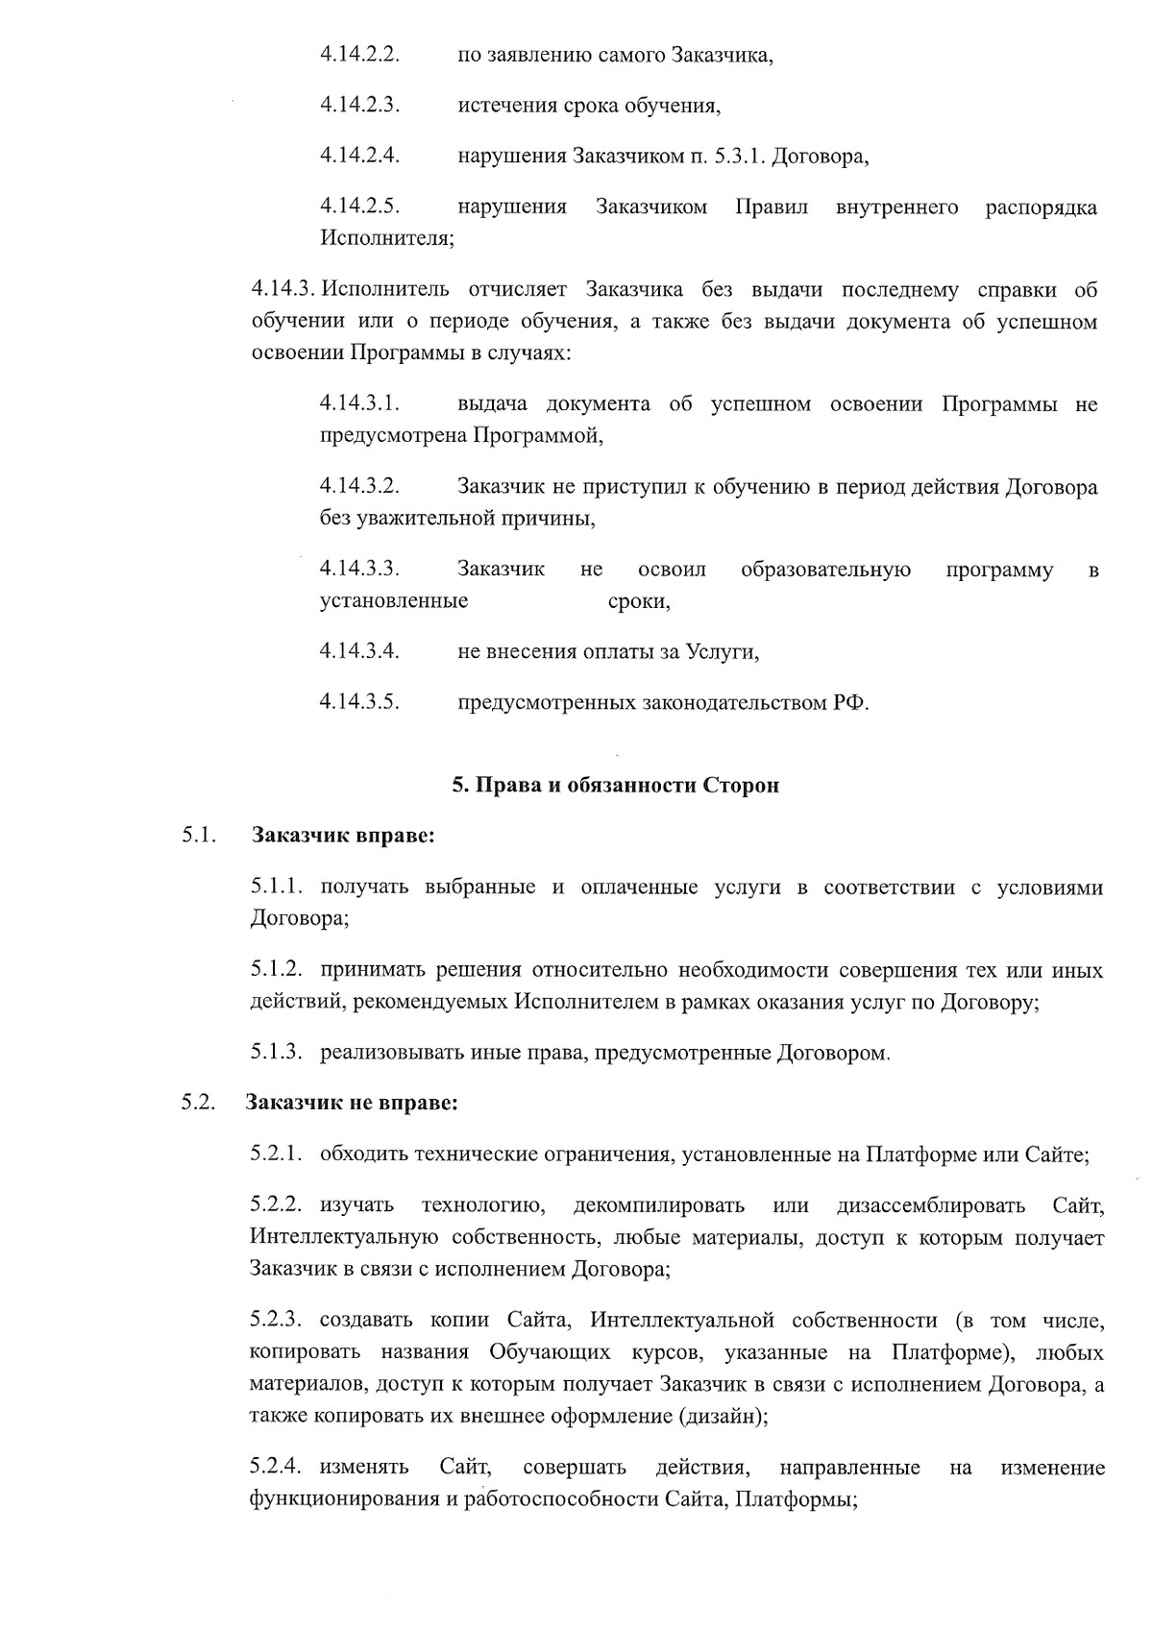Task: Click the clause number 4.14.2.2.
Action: coord(359,54)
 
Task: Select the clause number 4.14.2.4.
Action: coord(359,156)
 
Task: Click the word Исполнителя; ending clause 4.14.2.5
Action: coord(387,238)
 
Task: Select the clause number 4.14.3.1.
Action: coord(359,404)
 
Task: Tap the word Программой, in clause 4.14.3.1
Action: coord(537,435)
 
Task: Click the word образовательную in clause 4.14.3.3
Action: coord(825,570)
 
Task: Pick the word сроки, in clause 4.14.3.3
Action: coord(639,601)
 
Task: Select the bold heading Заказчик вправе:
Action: coord(343,836)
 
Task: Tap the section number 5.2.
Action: coord(197,1103)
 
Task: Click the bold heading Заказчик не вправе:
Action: coord(352,1103)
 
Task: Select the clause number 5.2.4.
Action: coord(278,1468)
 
